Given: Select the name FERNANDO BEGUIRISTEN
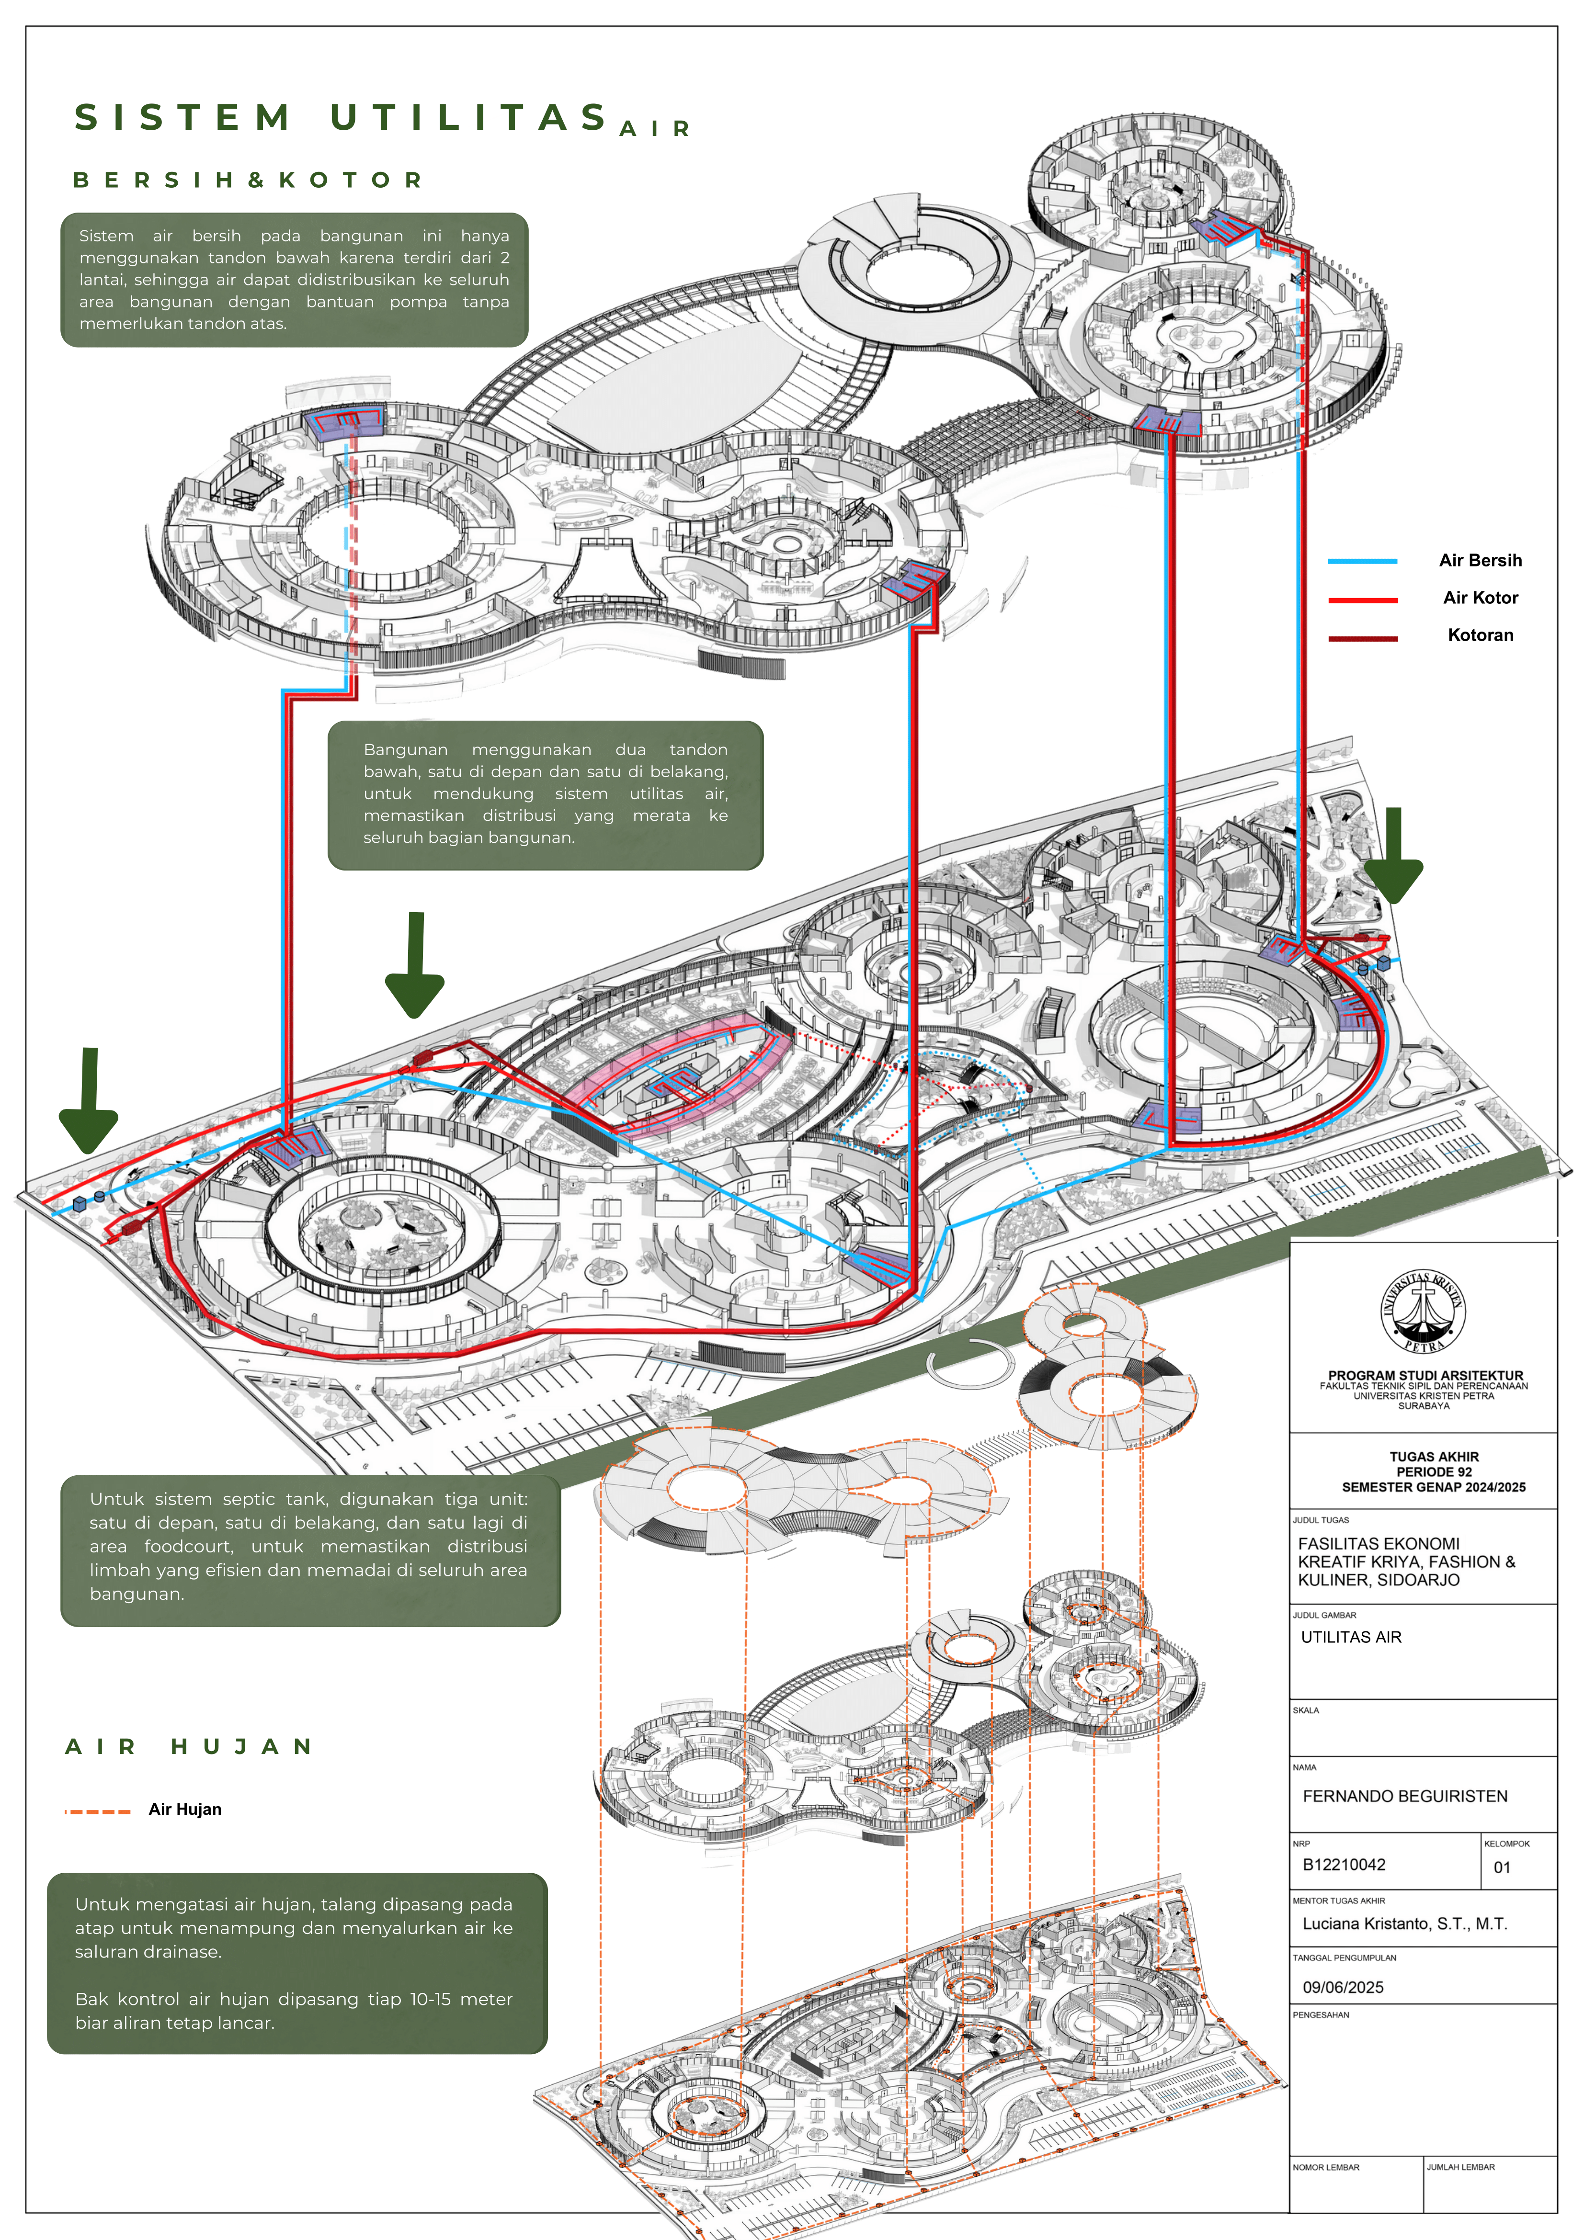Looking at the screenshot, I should click(x=1404, y=1796).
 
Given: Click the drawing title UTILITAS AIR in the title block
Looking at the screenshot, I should click(x=1351, y=1637).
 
